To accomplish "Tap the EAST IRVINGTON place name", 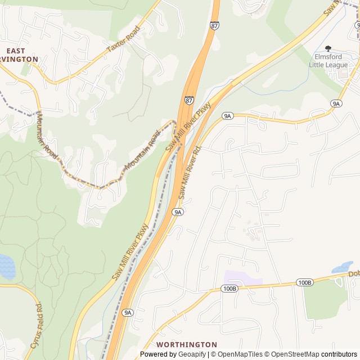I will pyautogui.click(x=19, y=55).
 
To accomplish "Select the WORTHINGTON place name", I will pyautogui.click(x=186, y=344).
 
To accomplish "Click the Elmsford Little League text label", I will pyautogui.click(x=328, y=61).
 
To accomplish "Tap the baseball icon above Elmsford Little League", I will pyautogui.click(x=328, y=49).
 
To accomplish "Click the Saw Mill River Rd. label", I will pyautogui.click(x=190, y=173).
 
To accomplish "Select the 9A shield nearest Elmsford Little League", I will pyautogui.click(x=336, y=103).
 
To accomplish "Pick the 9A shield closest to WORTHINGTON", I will pyautogui.click(x=128, y=312).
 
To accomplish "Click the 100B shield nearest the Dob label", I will pyautogui.click(x=304, y=282).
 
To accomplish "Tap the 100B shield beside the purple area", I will pyautogui.click(x=229, y=289).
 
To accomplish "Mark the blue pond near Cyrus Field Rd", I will pyautogui.click(x=7, y=267).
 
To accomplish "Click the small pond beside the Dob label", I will pyautogui.click(x=342, y=267).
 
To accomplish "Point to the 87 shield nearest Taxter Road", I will pyautogui.click(x=215, y=26).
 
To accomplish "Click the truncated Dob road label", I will pyautogui.click(x=353, y=274).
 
